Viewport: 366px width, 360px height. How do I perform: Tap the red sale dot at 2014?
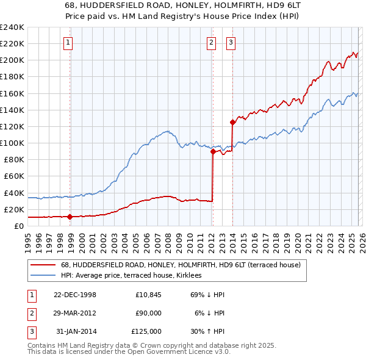point(232,122)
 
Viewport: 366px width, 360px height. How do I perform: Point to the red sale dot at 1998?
point(70,217)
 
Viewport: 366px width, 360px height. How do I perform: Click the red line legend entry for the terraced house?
point(181,265)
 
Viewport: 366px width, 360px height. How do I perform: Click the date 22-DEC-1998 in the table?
point(75,295)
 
